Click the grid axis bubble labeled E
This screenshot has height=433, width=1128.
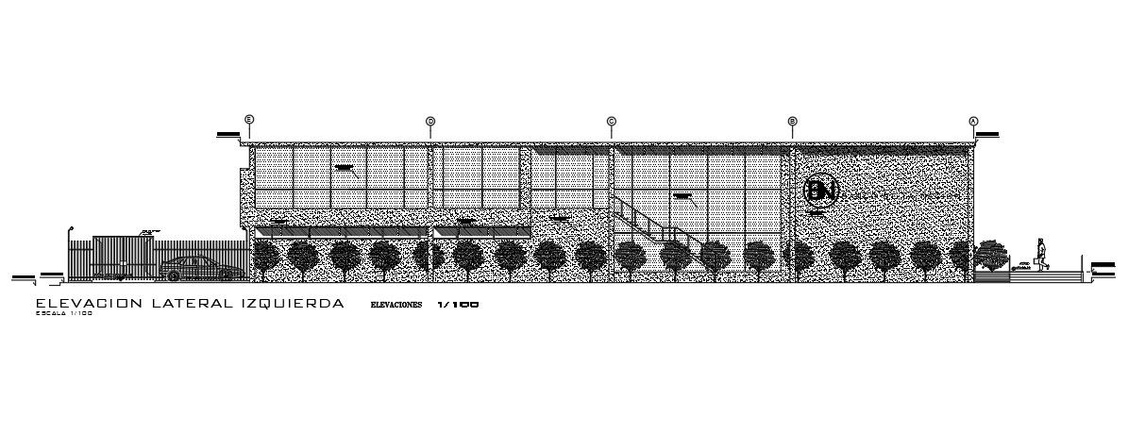(x=249, y=120)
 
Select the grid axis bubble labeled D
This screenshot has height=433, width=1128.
(x=430, y=121)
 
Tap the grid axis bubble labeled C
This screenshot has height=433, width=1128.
(x=612, y=121)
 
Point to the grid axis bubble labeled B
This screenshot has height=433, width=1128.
(x=793, y=121)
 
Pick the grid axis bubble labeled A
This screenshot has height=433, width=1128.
(x=974, y=121)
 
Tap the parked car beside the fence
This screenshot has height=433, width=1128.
(x=200, y=268)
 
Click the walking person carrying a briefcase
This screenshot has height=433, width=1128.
(x=1042, y=255)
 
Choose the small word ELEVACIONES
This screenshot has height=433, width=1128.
(x=396, y=306)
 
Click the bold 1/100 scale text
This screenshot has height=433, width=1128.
(x=459, y=306)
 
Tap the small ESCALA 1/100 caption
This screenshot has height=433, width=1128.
(x=64, y=314)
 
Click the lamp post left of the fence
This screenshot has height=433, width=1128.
(x=69, y=251)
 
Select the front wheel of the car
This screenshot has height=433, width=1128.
(x=173, y=275)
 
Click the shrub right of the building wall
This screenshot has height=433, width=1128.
(x=990, y=254)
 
